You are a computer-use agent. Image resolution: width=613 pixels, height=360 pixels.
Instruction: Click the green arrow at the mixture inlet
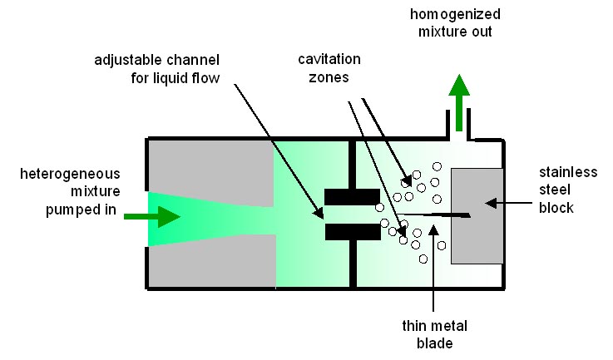point(159,216)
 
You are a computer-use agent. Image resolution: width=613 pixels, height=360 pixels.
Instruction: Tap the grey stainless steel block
point(477,215)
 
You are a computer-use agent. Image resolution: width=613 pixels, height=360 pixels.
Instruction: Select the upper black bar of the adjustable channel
point(351,197)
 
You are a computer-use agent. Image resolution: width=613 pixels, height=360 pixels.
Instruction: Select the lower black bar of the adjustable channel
point(351,232)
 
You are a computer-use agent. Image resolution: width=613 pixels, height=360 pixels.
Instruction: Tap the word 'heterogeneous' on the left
point(72,174)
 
